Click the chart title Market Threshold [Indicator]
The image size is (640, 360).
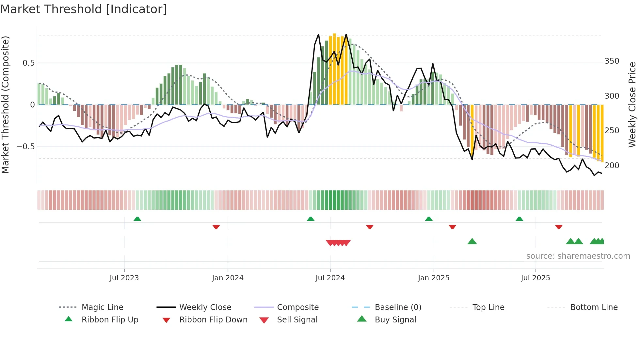click(x=84, y=9)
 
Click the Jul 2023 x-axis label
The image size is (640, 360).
click(x=124, y=278)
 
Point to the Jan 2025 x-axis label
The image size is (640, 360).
click(x=433, y=278)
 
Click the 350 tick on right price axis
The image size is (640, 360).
click(x=612, y=61)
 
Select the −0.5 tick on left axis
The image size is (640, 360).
click(x=25, y=147)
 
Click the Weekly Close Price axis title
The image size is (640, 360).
click(x=632, y=105)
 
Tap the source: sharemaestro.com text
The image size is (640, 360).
click(x=578, y=256)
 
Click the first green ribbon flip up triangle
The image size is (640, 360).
click(x=137, y=219)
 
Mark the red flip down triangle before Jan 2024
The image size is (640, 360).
click(x=216, y=227)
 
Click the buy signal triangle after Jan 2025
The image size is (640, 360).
click(x=472, y=241)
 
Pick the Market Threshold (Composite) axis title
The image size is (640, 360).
click(x=5, y=105)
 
